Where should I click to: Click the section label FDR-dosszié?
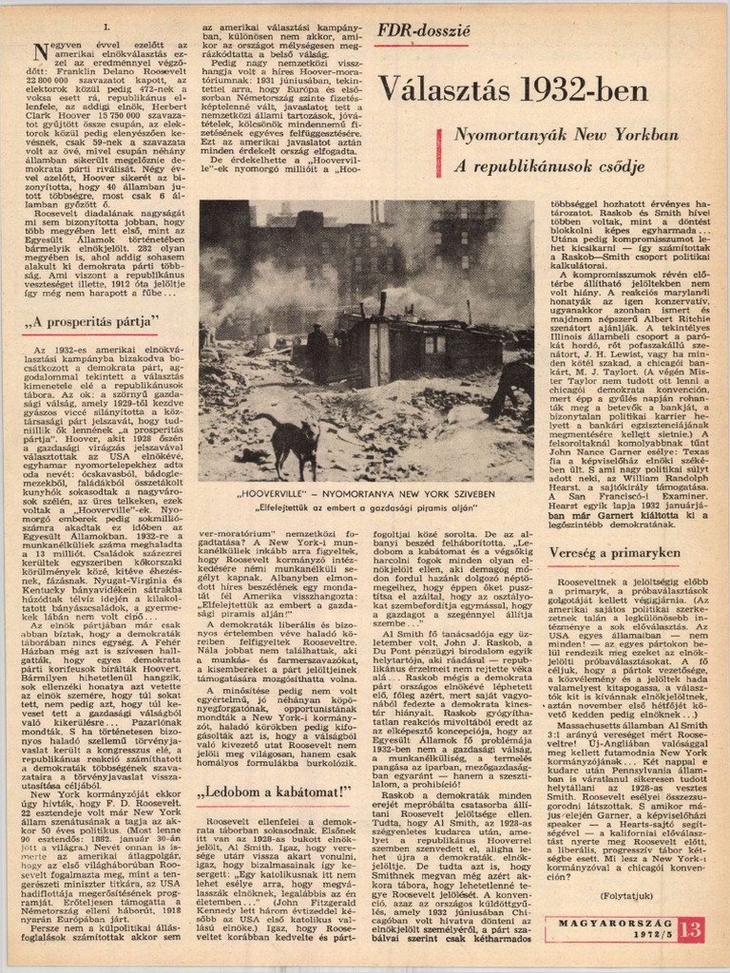(422, 30)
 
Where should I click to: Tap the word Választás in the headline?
(445, 90)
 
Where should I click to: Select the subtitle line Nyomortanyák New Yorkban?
(566, 135)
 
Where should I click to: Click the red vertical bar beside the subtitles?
(439, 150)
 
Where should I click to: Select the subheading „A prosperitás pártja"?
(91, 320)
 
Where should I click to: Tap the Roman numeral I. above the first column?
(105, 29)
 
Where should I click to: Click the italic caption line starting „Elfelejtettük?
(366, 507)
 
